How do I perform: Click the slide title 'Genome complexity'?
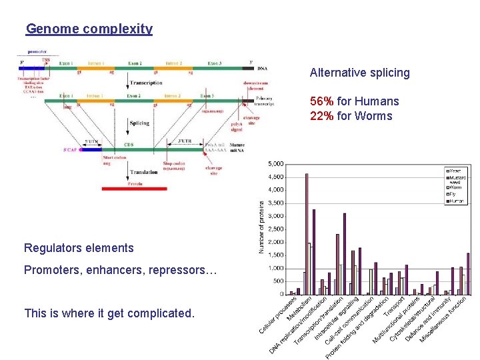89,29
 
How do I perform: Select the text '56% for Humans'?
354,101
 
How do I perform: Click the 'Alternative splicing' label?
359,73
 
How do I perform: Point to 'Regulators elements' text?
79,248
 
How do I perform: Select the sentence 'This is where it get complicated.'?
109,313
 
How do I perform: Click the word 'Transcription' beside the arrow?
147,83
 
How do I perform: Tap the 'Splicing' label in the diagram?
139,123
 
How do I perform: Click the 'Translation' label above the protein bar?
143,173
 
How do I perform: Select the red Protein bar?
134,189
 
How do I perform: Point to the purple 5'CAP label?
69,150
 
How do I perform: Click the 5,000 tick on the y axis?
275,164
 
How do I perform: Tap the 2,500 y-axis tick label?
275,229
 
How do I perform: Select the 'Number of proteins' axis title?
261,229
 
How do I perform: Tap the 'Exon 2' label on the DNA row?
135,63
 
